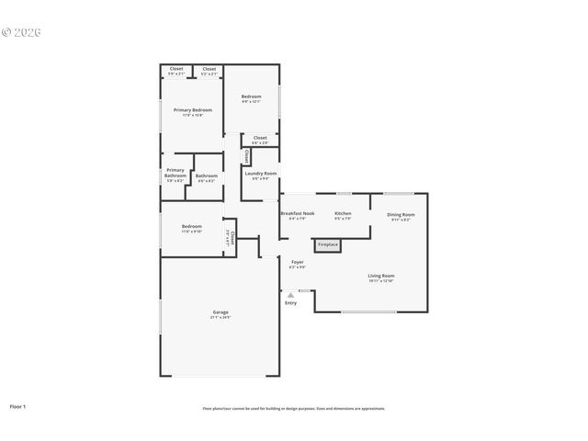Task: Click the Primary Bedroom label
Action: [x=193, y=110]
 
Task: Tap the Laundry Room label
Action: [x=261, y=173]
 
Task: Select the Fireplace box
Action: [x=328, y=245]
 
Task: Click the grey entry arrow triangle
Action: [x=291, y=295]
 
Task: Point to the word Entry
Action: [x=291, y=303]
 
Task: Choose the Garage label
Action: [x=220, y=312]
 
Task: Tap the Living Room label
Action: [x=381, y=276]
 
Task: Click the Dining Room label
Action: [x=401, y=214]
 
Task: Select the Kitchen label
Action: [x=343, y=213]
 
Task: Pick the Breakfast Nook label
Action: [x=298, y=213]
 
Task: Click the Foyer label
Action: [x=297, y=263]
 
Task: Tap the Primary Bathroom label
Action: [x=175, y=172]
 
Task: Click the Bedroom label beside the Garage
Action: [x=192, y=226]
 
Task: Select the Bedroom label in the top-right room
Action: [x=251, y=96]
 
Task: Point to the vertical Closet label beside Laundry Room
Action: [x=246, y=156]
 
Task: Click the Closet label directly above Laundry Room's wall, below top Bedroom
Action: [x=260, y=138]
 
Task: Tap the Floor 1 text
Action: [x=18, y=405]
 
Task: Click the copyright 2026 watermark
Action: [x=22, y=32]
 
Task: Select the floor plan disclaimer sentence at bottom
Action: [x=294, y=408]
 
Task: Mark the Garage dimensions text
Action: [x=220, y=318]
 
